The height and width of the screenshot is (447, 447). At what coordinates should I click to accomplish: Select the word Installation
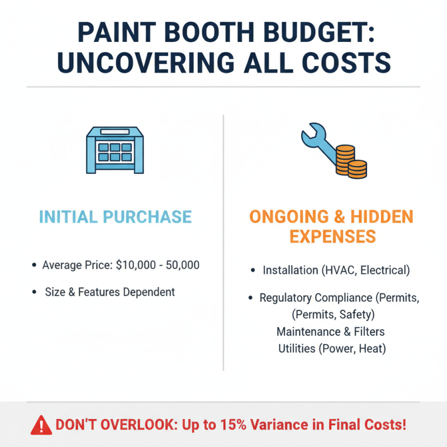291,270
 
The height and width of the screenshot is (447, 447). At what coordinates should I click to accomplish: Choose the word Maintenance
306,331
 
